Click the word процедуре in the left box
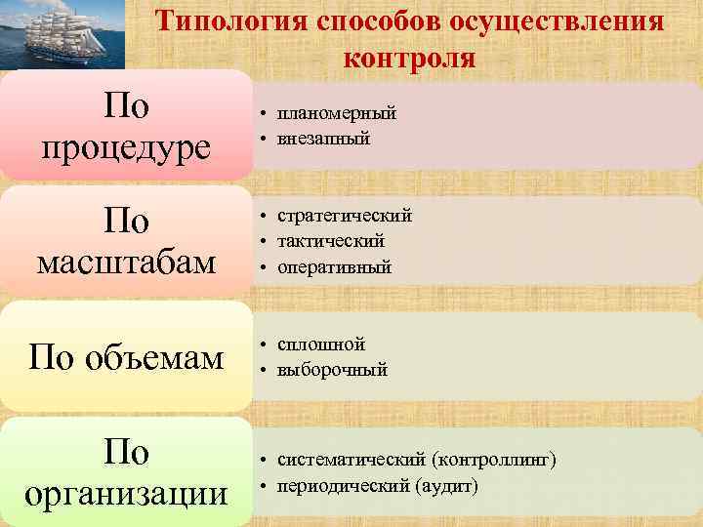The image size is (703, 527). pos(126,147)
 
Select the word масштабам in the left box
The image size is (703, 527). pos(126,262)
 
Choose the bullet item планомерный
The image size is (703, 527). pos(336,114)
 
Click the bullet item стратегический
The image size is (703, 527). pos(344,216)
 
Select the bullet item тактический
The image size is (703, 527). pos(330,241)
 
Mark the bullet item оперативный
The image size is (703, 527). pos(334,266)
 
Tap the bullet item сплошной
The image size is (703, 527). pos(320,345)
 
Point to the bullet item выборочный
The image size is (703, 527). pos(332,370)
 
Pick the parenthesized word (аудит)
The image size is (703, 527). pos(446,485)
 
